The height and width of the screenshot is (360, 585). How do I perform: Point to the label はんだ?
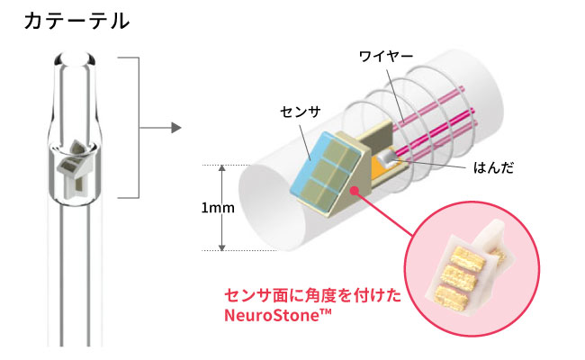[x=493, y=168]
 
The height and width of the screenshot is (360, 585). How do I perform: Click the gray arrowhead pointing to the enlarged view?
[x=178, y=127]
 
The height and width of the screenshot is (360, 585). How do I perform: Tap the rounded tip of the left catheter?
[x=76, y=61]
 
